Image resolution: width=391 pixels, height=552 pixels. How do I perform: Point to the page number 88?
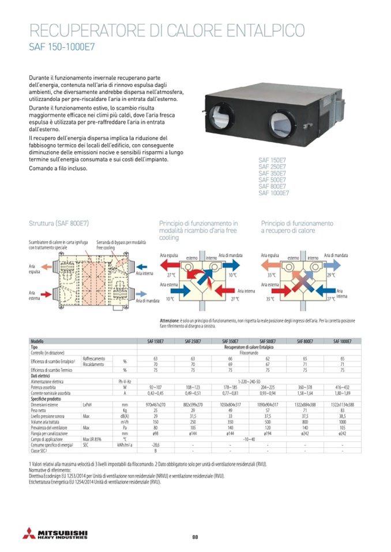pos(195,537)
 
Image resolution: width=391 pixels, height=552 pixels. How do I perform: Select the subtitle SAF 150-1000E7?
pos(59,48)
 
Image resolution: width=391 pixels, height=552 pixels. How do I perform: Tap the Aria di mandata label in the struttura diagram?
pos(148,300)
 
